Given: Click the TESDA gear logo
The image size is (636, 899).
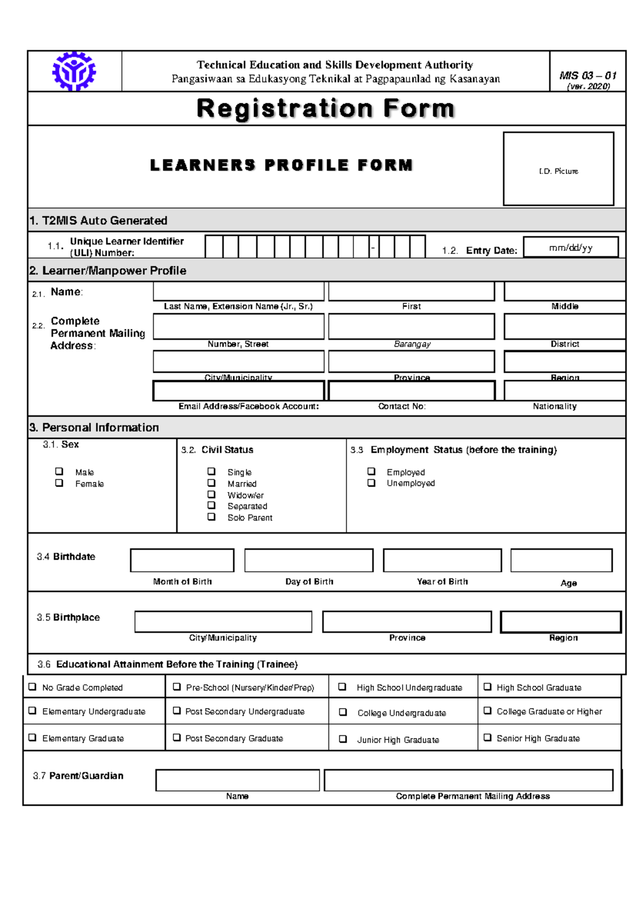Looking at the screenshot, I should (74, 72).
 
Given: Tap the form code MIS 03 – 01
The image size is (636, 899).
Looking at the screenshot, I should (588, 76).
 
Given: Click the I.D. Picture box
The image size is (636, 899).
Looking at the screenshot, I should (558, 169).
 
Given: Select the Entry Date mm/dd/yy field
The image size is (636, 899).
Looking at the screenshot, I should (570, 248).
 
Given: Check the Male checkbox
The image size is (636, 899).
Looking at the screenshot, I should (59, 471).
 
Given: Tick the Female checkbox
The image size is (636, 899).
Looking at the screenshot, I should (59, 483).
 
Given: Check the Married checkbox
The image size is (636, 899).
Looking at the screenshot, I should (211, 483).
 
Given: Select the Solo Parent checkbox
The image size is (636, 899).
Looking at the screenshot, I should (211, 517).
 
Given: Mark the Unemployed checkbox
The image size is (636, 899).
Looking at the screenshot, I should (372, 483).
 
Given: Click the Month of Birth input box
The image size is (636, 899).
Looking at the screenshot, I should (182, 561).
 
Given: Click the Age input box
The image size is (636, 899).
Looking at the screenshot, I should (561, 561).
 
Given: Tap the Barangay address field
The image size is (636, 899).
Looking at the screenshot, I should (411, 327).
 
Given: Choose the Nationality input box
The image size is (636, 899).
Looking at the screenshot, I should (564, 391).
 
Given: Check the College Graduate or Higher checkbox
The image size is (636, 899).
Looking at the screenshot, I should (488, 711).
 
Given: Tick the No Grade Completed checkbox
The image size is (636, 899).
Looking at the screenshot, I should (32, 687).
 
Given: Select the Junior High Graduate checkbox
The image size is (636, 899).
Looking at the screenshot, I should (343, 739).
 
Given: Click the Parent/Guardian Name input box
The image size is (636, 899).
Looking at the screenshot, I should (237, 780).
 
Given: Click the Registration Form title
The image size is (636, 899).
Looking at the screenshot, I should (325, 109).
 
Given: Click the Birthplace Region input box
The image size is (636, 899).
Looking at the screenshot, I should (561, 622).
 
